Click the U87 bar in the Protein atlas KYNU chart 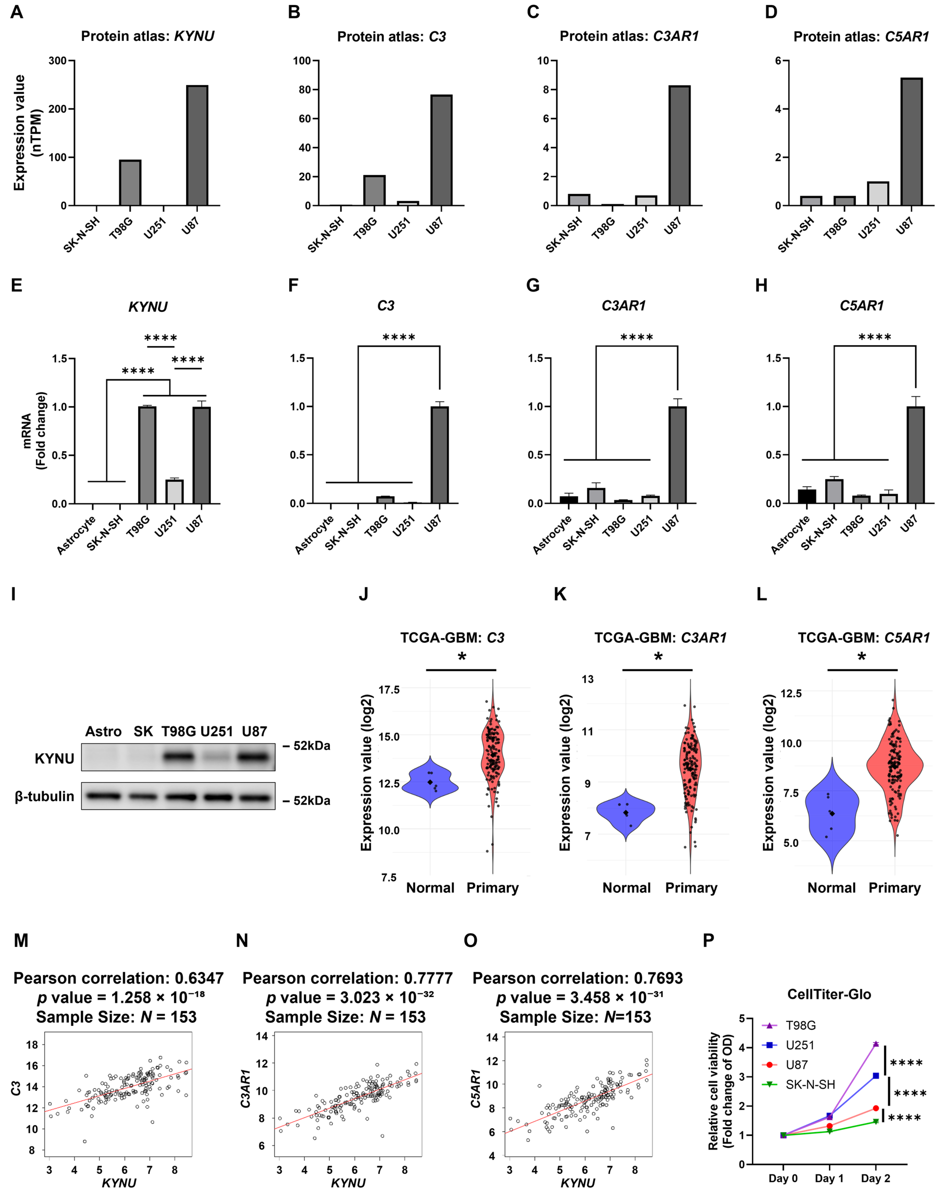point(197,145)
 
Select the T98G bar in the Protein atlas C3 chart point(374,190)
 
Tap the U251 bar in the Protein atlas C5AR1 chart point(878,194)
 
